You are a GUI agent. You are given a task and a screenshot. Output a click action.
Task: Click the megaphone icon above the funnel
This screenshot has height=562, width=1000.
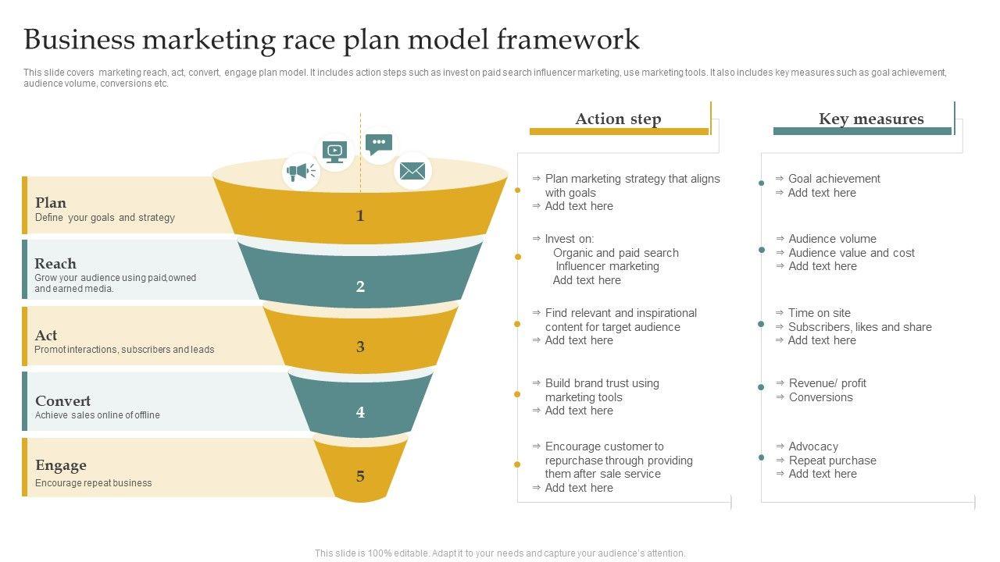[x=301, y=172]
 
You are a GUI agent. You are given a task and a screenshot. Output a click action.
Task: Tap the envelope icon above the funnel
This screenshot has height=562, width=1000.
[x=412, y=171]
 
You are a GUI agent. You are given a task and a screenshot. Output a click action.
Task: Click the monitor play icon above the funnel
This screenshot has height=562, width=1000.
[x=334, y=152]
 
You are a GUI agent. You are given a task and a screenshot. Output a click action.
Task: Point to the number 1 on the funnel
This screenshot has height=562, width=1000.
[x=360, y=216]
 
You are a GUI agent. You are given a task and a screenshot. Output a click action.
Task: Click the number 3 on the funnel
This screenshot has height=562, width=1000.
[x=360, y=347]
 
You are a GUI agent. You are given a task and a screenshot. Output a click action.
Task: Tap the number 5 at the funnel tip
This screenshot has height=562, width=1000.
[x=360, y=476]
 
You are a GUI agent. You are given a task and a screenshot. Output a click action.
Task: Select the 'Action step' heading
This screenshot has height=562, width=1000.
[x=618, y=119]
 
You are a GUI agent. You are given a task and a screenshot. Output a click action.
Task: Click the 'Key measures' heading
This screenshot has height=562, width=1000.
[x=871, y=119]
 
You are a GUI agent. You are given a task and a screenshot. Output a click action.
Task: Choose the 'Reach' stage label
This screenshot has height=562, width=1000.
[x=55, y=264]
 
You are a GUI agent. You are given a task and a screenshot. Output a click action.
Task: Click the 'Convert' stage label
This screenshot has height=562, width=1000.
[x=63, y=400]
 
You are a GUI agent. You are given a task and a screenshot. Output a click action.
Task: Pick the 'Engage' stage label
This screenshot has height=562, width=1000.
[x=61, y=466]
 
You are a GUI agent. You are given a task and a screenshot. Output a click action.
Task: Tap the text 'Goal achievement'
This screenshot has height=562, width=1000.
[x=834, y=179]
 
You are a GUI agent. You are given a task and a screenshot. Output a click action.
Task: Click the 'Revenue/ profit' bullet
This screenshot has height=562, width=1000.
[x=827, y=383]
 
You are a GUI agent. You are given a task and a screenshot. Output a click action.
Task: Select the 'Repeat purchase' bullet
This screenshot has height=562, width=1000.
[x=832, y=461]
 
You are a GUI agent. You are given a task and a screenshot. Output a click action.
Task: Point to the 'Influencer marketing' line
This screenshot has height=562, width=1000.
[x=607, y=266]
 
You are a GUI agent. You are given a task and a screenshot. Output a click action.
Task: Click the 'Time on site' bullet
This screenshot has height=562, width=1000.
[x=820, y=313]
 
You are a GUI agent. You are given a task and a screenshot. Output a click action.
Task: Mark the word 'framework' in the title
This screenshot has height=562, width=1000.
[x=568, y=39]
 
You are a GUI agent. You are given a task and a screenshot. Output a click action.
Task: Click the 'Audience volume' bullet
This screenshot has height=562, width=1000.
[x=832, y=239]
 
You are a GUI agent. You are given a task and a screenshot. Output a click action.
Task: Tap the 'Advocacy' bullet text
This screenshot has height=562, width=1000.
[x=813, y=446]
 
